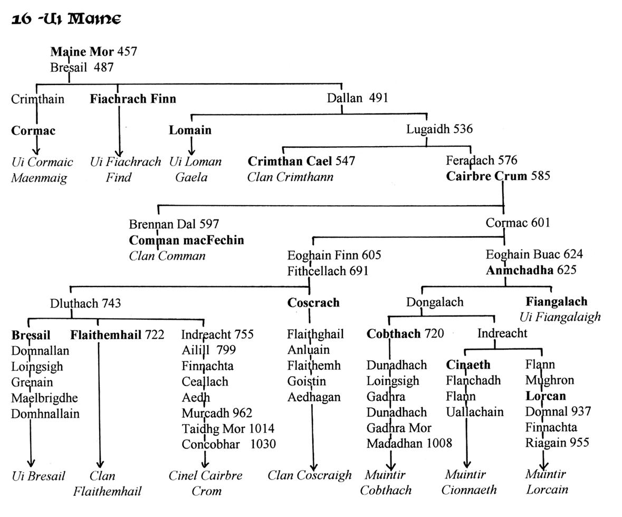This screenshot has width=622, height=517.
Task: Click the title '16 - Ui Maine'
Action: coord(66,19)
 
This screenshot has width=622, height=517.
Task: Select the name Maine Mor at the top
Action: coord(82,52)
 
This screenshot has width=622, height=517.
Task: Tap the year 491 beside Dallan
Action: coord(378,98)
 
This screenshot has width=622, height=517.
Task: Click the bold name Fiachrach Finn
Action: coord(133,99)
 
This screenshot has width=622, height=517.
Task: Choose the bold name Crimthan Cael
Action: coord(290,161)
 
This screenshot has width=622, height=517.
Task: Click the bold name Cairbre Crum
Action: coord(486,176)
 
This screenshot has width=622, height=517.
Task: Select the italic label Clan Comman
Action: coord(167,256)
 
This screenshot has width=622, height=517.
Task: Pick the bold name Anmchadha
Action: coord(520,270)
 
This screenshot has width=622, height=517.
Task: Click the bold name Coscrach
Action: coord(313,303)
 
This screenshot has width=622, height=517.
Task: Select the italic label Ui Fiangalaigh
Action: coord(560,317)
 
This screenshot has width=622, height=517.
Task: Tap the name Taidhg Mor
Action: coord(211,429)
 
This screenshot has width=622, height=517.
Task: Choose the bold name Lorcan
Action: coord(546,396)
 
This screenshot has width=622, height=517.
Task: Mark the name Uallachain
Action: coord(475,412)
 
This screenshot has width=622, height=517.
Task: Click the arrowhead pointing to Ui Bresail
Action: coord(31,463)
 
